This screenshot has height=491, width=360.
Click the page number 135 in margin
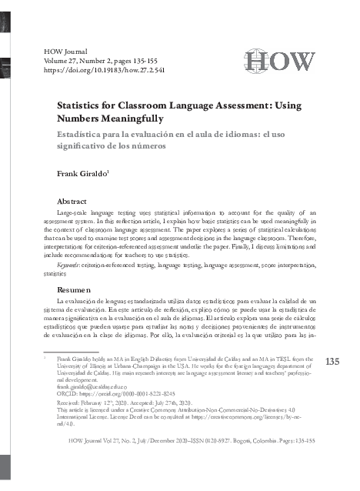(x=332, y=362)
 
